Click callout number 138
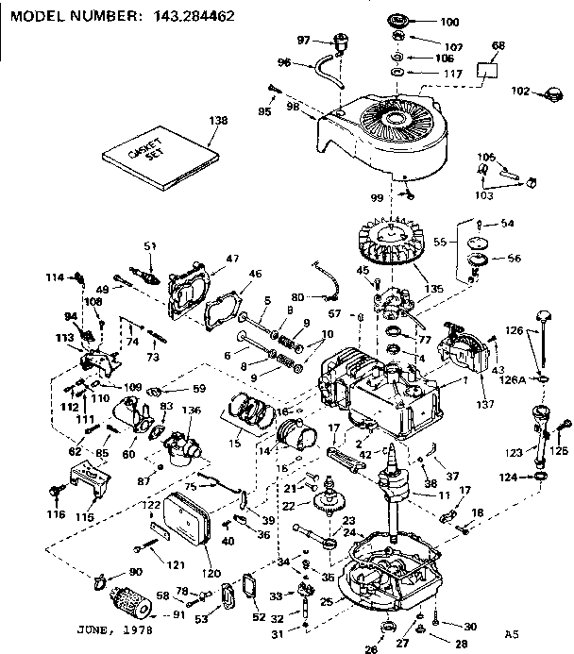pyautogui.click(x=219, y=121)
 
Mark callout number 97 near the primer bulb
pyautogui.click(x=304, y=40)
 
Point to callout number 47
pyautogui.click(x=233, y=257)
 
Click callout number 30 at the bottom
pyautogui.click(x=470, y=625)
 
